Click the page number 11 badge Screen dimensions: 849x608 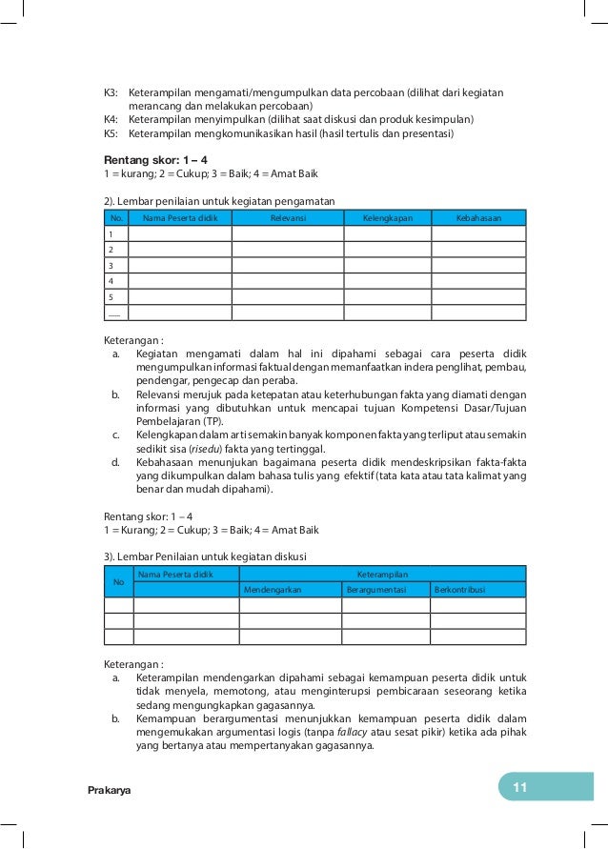click(519, 787)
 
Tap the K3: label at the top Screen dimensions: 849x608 click(111, 92)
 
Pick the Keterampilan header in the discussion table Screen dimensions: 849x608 click(382, 574)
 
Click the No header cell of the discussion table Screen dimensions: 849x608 click(118, 581)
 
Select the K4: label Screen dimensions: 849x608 click(111, 119)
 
